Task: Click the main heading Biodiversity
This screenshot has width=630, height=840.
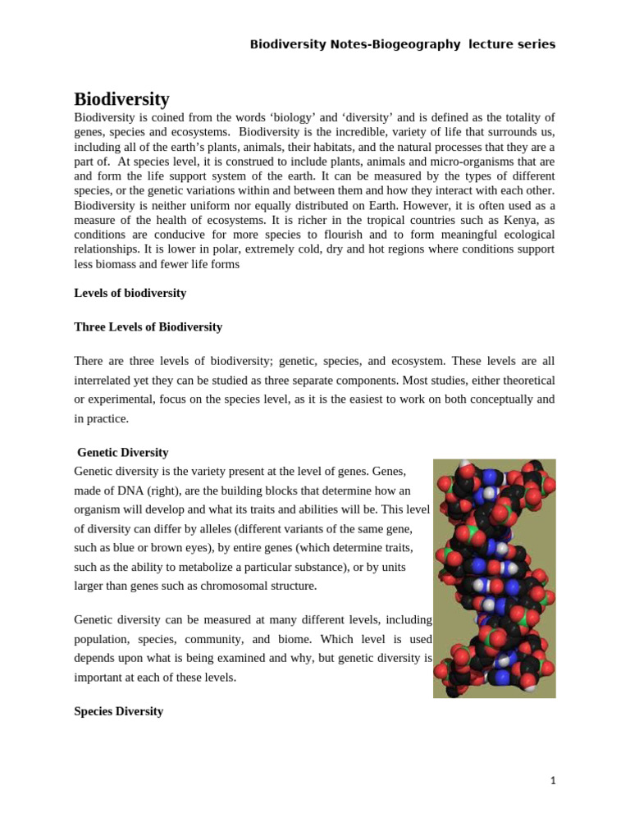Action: coord(121,99)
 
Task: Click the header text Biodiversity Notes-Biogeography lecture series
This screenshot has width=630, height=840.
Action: coord(402,44)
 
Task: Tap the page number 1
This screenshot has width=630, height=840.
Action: coord(553,781)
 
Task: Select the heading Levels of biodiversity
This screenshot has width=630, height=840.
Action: coord(130,293)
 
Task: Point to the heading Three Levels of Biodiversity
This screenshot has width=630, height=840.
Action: coord(148,326)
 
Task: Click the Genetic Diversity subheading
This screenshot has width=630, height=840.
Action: coord(122,452)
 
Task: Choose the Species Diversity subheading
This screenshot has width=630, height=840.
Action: coord(118,711)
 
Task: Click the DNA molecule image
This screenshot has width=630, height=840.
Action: coord(494,578)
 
